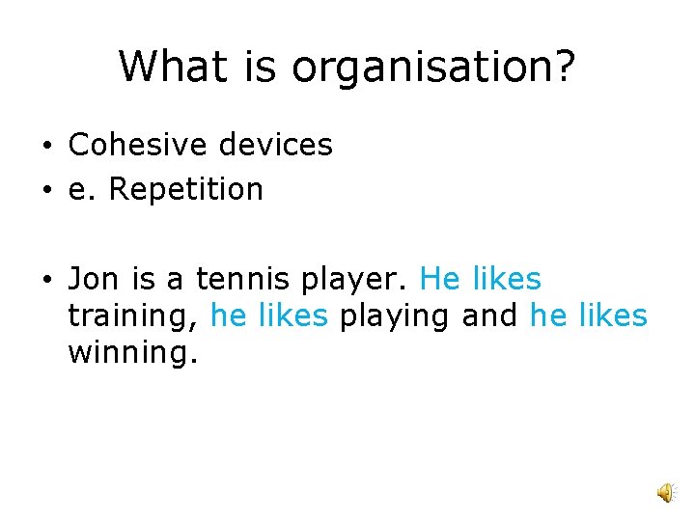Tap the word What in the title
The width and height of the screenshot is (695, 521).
[x=171, y=67]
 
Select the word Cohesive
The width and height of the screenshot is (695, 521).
[x=138, y=145]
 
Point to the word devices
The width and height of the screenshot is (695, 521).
[x=275, y=145]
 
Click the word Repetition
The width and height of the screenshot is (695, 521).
[x=185, y=189]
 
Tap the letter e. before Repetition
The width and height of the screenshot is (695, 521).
[x=83, y=189]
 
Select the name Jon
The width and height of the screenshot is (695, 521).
[x=93, y=279]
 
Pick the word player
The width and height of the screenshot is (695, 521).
[x=356, y=281]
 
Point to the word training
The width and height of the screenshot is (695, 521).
[x=134, y=317]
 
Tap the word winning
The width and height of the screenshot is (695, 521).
[x=132, y=354]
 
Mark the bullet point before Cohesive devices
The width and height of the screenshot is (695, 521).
[x=46, y=147]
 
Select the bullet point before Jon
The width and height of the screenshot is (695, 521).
[x=46, y=281]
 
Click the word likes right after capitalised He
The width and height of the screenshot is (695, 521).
[x=508, y=279]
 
